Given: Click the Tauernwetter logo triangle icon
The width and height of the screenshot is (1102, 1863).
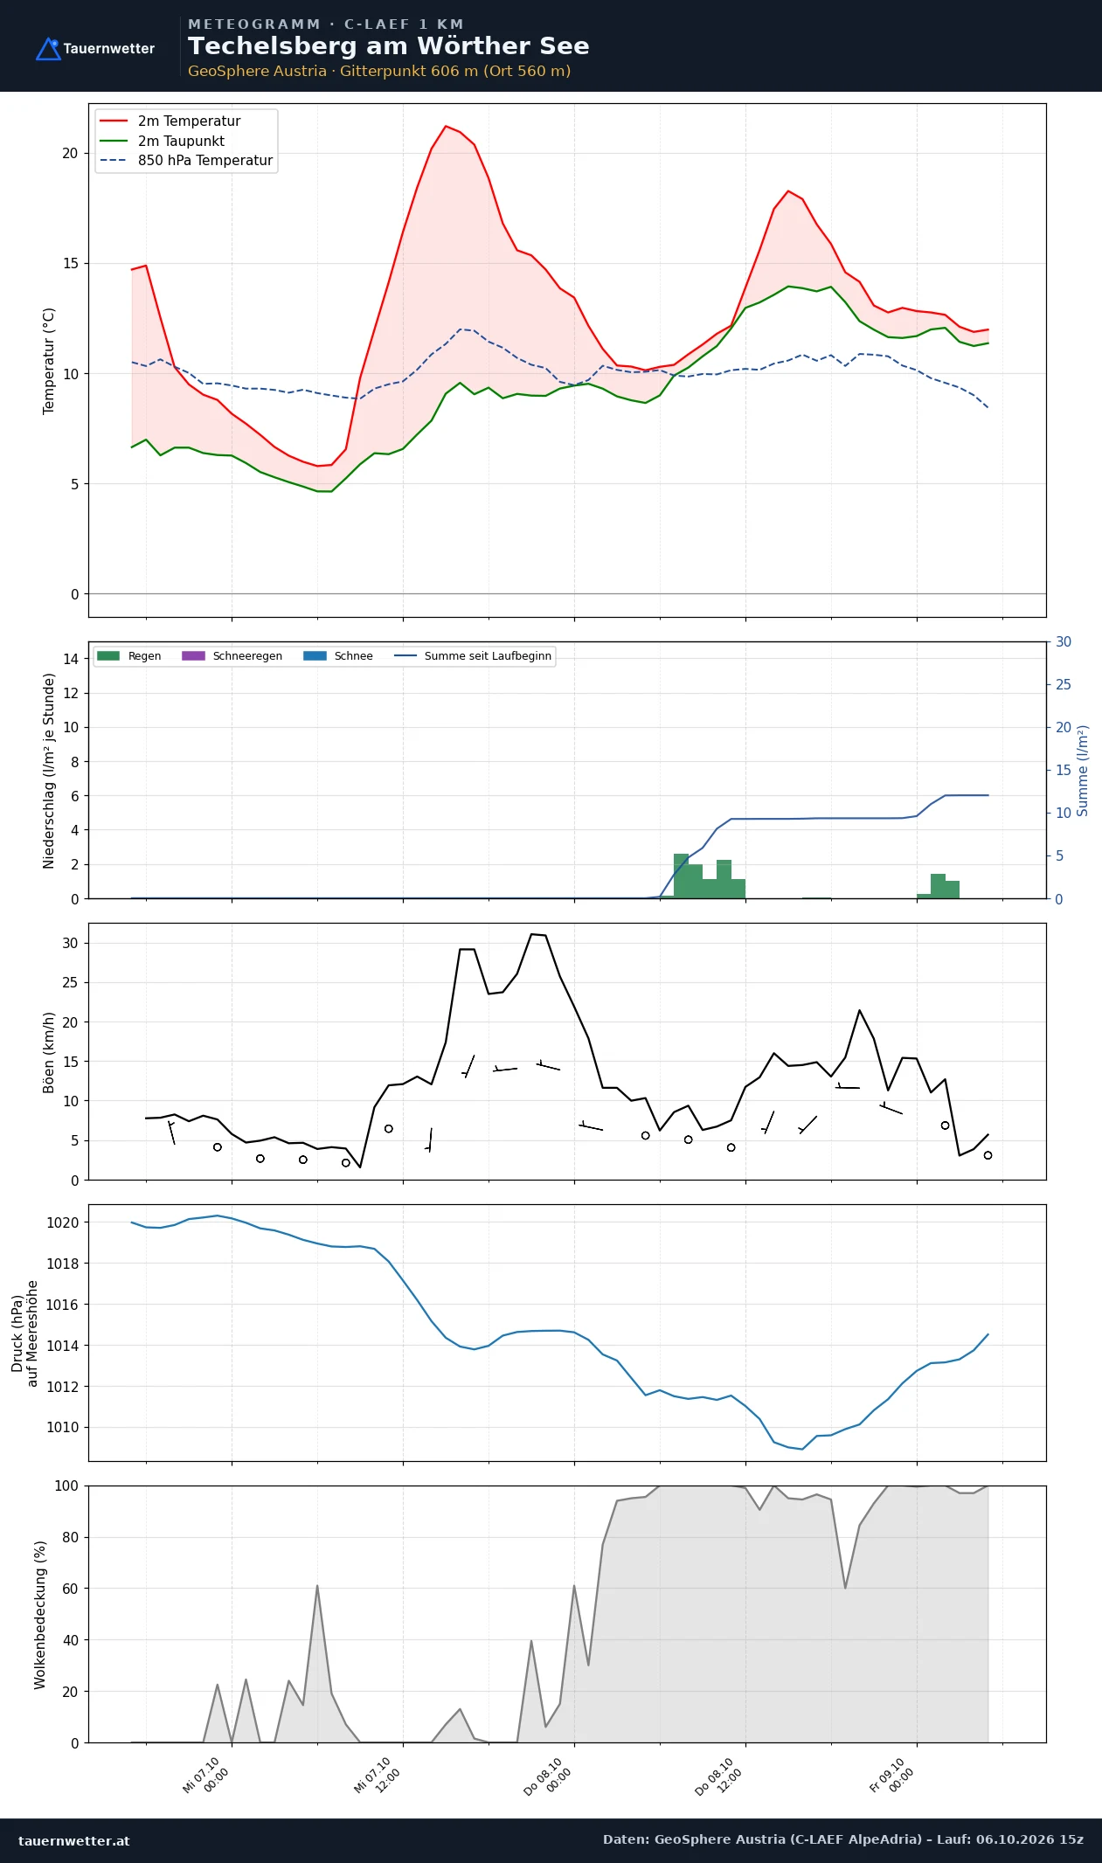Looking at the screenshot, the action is (x=48, y=49).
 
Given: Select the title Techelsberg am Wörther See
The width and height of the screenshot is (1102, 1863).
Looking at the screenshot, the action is (x=388, y=46).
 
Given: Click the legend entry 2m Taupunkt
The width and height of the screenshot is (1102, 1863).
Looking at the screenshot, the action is (x=181, y=141).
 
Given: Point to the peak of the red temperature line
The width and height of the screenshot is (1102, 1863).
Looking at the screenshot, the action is (x=446, y=126).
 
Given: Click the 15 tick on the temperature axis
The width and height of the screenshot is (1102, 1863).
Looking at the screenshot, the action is (x=70, y=264).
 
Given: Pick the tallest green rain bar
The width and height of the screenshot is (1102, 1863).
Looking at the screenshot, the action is (x=681, y=876).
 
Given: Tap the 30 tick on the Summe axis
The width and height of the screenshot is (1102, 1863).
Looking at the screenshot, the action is (x=1064, y=642).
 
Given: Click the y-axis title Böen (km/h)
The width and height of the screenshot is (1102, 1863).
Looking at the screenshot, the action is (x=49, y=1052).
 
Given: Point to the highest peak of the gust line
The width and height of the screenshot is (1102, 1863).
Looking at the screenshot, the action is (x=531, y=934).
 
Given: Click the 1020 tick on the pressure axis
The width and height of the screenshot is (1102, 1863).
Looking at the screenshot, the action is (x=62, y=1222).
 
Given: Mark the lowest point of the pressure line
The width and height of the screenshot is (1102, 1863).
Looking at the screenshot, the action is (x=802, y=1449).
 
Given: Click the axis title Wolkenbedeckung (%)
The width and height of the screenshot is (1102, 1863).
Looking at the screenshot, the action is (x=40, y=1615).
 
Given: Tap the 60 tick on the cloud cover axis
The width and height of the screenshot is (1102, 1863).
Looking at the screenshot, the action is (x=70, y=1589).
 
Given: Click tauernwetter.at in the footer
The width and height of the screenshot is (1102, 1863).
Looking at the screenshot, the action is (x=74, y=1840).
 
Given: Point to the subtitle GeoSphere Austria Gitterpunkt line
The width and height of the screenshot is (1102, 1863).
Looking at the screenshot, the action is (x=379, y=72).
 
